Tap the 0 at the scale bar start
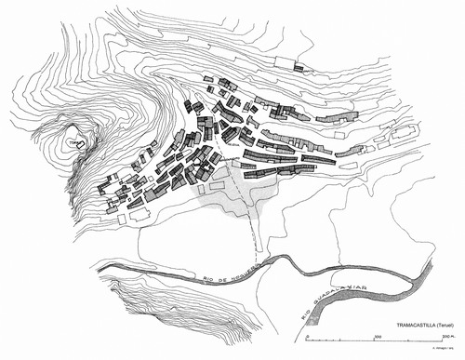[371, 333]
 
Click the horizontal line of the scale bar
[409, 339]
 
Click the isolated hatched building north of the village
[299, 67]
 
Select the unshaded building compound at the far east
[403, 133]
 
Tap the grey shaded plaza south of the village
[232, 198]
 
